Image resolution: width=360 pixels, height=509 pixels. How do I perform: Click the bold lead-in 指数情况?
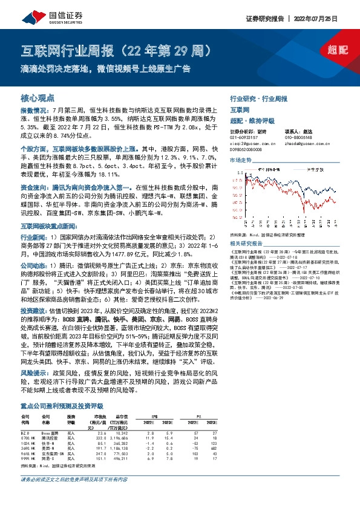pos(33,112)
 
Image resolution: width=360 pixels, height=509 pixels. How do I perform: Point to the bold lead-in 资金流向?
pos(33,189)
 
